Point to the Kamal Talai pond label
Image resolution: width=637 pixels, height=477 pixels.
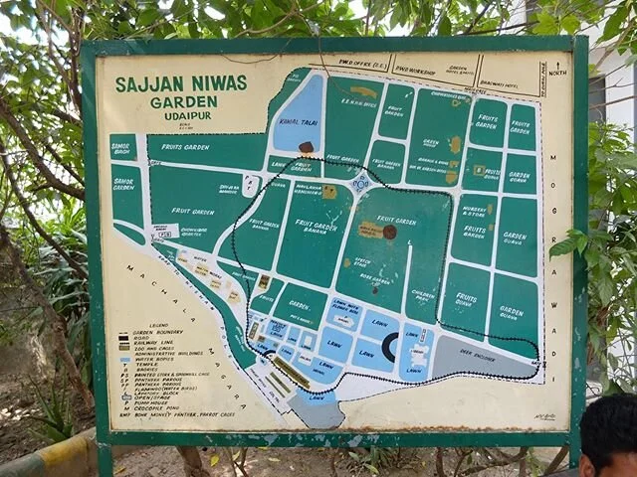297,121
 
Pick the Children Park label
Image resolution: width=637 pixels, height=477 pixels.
423,295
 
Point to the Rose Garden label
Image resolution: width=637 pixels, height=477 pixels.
374,279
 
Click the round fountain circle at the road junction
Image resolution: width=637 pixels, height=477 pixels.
360,183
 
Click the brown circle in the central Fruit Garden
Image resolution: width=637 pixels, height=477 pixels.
389,232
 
